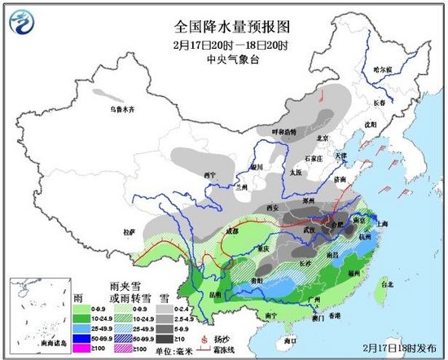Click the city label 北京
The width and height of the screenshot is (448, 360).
click(x=323, y=137)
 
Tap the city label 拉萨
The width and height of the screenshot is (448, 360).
click(x=129, y=231)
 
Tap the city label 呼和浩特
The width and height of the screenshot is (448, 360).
click(x=283, y=131)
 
